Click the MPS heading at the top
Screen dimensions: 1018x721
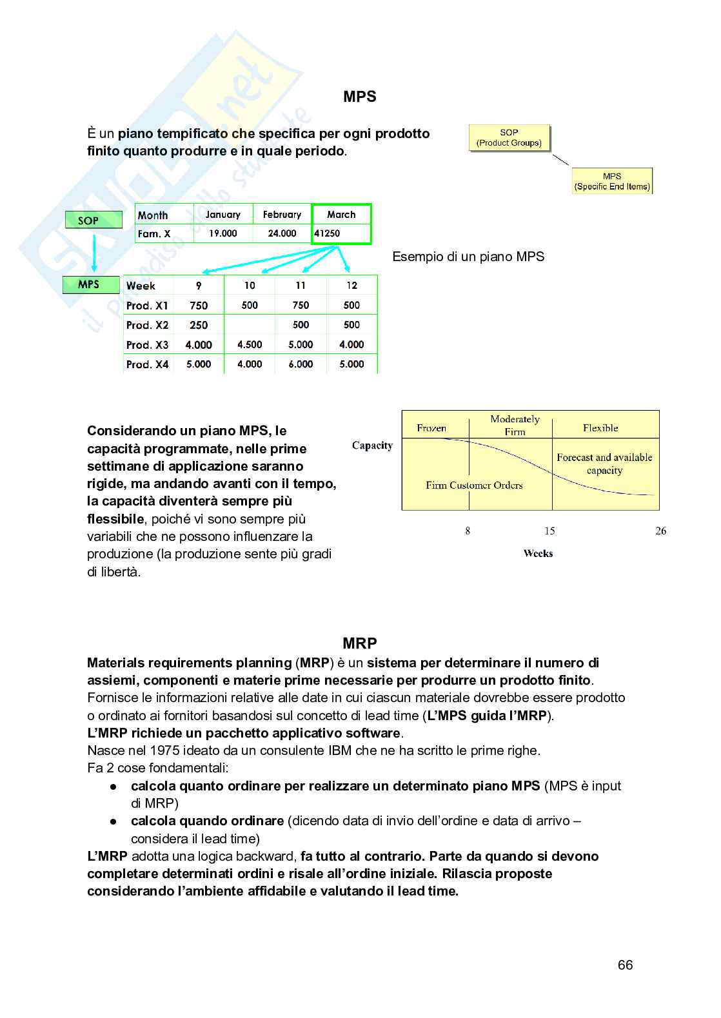coord(359,97)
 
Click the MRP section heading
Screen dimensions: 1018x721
coord(359,643)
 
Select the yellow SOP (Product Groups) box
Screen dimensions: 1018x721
coord(509,138)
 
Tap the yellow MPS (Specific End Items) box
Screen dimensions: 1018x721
coord(612,181)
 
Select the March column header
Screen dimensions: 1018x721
coord(341,215)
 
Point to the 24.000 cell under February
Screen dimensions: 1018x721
coord(282,233)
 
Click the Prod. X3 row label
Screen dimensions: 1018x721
coord(148,345)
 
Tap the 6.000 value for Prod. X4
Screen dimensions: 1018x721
coord(301,364)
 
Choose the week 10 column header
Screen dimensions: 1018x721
coord(250,286)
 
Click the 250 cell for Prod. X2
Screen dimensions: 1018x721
coord(199,325)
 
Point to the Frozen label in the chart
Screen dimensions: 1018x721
coord(431,428)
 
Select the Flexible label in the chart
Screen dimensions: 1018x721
coord(600,428)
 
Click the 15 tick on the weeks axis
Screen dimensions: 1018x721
coord(549,531)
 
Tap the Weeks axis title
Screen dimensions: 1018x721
coord(538,553)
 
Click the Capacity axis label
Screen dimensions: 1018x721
coord(372,445)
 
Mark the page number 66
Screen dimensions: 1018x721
coord(625,965)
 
